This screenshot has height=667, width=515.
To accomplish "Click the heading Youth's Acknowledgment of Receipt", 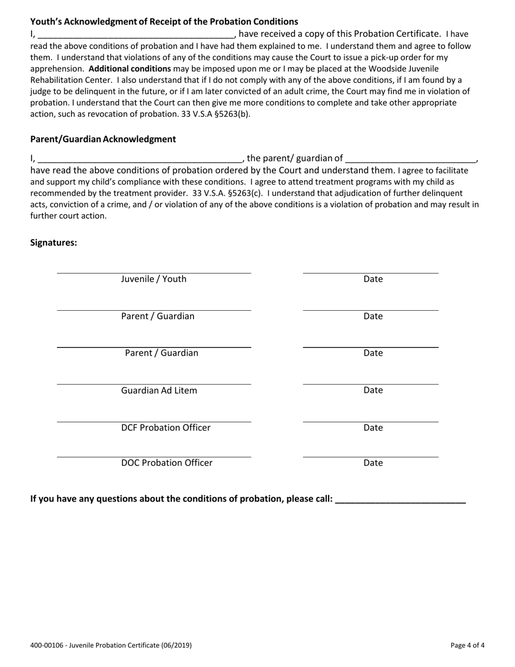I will (164, 22).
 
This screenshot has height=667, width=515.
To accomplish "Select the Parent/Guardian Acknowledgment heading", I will (103, 139).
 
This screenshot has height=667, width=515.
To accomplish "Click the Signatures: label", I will (54, 242).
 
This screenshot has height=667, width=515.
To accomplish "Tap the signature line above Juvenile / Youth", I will (154, 273).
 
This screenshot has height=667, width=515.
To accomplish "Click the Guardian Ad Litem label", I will (159, 390).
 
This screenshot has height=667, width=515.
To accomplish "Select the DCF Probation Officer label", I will (165, 428).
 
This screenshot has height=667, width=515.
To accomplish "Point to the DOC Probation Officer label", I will (166, 463).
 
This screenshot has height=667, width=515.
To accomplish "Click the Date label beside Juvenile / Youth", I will (373, 279).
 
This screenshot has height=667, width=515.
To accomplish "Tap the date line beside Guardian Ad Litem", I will (370, 384).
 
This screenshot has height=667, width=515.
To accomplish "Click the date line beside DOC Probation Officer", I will (370, 457).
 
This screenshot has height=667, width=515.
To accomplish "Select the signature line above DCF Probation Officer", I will (154, 421).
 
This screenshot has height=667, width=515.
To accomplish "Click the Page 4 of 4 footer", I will (467, 645).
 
